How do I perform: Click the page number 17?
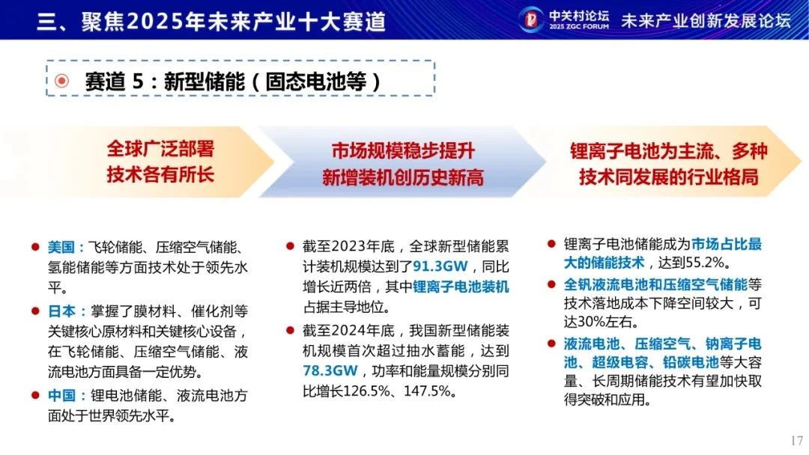point(796,441)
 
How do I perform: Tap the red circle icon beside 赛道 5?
point(62,81)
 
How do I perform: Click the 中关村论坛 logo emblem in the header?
point(530,19)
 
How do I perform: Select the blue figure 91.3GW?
point(440,266)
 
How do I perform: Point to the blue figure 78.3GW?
point(330,370)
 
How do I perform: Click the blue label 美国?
point(61,248)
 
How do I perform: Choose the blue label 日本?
point(61,311)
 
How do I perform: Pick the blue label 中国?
point(61,395)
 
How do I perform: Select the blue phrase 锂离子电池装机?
point(461,287)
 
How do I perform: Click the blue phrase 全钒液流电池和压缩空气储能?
point(655,284)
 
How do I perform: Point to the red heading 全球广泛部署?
point(160,149)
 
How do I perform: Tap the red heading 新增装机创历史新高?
point(403,178)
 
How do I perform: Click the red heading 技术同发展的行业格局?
point(669,177)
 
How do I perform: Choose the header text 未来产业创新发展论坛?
point(706,21)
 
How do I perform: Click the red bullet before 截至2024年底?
point(290,330)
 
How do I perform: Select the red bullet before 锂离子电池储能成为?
point(551,244)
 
